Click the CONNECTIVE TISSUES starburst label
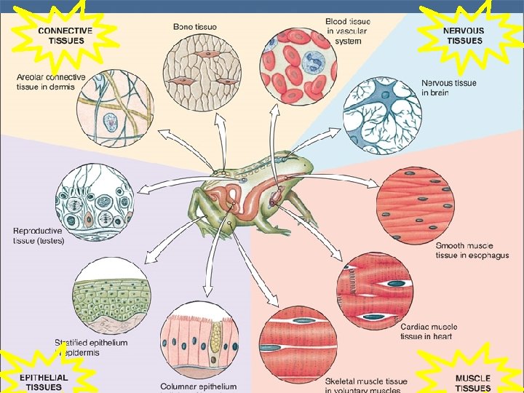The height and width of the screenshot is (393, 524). [65, 35]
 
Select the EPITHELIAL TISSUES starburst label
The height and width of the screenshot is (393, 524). [44, 381]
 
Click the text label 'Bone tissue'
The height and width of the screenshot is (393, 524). [194, 27]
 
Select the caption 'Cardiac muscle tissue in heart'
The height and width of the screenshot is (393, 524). [429, 332]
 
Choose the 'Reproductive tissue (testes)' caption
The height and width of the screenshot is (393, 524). [39, 236]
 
